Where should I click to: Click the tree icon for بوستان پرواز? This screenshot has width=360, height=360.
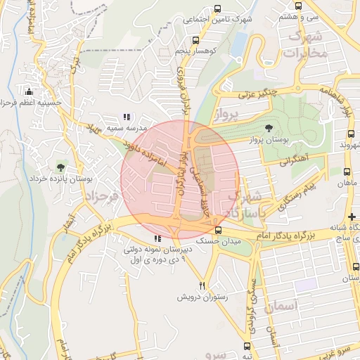pyautogui.click(x=269, y=127)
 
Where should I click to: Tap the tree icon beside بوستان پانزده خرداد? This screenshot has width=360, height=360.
pyautogui.click(x=60, y=167)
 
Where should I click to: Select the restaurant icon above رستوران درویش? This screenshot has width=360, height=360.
pyautogui.click(x=202, y=285)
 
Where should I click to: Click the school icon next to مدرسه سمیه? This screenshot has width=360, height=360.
pyautogui.click(x=127, y=117)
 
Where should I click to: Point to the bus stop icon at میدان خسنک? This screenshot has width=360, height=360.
pyautogui.click(x=218, y=230)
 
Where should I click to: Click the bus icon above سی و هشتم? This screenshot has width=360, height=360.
pyautogui.click(x=299, y=6)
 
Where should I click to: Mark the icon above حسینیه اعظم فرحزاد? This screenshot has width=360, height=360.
pyautogui.click(x=29, y=91)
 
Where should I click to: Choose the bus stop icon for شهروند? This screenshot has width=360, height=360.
pyautogui.click(x=350, y=134)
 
